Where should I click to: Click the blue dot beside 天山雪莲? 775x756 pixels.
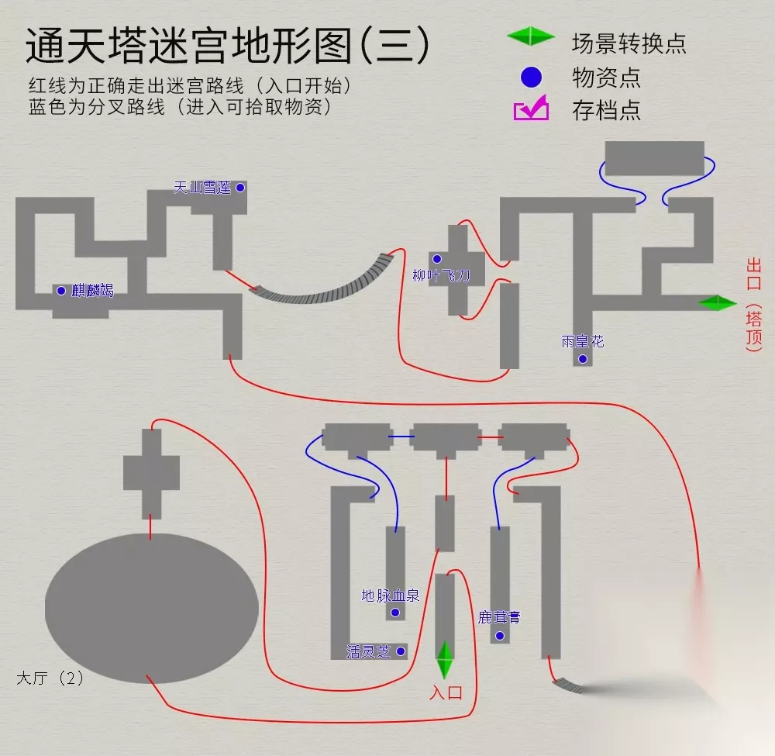click(x=240, y=188)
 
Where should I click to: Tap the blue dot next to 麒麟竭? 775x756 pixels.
click(x=60, y=291)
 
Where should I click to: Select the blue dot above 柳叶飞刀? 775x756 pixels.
click(x=437, y=259)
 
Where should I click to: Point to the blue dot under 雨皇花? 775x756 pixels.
click(x=583, y=358)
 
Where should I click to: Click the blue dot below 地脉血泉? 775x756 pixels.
click(x=395, y=613)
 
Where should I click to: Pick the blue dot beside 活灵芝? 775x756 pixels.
click(x=401, y=651)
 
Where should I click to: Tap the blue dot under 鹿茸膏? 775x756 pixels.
click(x=499, y=636)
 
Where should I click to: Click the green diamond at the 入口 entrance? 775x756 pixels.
click(x=444, y=661)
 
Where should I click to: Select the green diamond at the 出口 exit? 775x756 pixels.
click(x=717, y=303)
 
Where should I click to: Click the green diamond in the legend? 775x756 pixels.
click(x=531, y=36)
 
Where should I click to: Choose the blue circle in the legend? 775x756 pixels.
click(x=531, y=77)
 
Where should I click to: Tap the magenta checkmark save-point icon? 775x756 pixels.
click(x=531, y=109)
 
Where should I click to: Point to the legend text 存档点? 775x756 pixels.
click(x=606, y=110)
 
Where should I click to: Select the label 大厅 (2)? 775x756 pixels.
click(x=50, y=678)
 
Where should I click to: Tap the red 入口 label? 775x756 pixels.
click(x=446, y=692)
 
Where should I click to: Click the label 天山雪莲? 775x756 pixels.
click(x=202, y=188)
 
